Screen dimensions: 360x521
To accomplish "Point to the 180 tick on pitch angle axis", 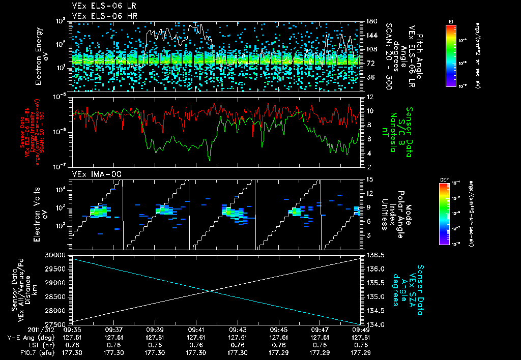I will [367, 21].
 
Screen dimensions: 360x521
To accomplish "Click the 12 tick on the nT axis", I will [366, 97].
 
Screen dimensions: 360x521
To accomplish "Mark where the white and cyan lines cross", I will [211, 290].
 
